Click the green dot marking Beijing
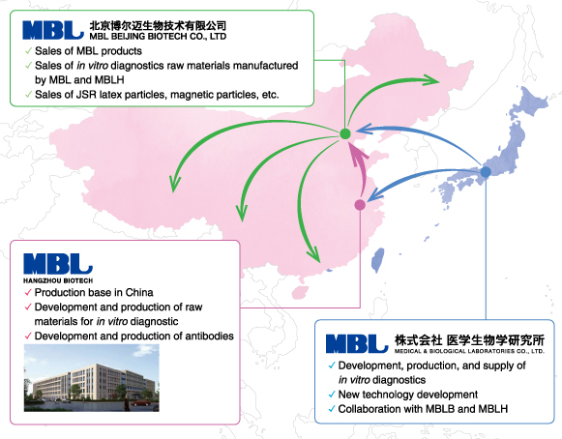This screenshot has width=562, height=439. click(344, 133)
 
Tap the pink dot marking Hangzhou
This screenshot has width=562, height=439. click(360, 205)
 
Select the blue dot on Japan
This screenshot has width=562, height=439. click(486, 172)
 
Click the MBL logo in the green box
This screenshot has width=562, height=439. click(53, 30)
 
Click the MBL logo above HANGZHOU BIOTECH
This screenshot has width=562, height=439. click(58, 264)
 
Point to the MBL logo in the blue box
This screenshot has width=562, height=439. click(357, 343)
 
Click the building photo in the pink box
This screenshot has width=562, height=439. click(91, 378)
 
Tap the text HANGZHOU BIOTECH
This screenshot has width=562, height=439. click(58, 280)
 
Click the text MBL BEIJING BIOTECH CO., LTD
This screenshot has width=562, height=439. click(158, 36)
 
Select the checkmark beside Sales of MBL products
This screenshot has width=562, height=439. click(28, 51)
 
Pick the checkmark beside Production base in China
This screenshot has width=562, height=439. click(28, 292)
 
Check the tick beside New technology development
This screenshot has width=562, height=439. click(332, 395)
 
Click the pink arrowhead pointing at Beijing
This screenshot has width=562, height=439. click(359, 154)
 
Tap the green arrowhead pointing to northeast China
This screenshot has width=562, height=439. click(430, 80)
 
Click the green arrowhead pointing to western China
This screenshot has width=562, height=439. click(174, 183)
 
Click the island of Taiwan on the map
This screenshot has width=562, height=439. click(377, 260)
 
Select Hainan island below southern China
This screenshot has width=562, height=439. click(300, 292)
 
